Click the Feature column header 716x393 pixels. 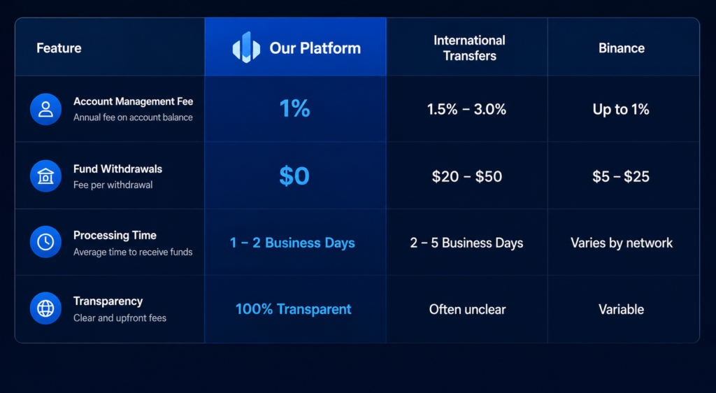click(59, 48)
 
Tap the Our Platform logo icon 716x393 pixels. click(246, 47)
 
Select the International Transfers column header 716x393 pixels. click(469, 48)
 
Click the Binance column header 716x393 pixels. click(622, 48)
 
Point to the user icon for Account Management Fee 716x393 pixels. click(45, 109)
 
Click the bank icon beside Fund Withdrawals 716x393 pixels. click(45, 176)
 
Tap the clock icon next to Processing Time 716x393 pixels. click(45, 242)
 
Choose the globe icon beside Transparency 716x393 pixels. click(45, 308)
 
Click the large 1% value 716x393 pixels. click(294, 109)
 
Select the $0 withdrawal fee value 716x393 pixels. click(294, 176)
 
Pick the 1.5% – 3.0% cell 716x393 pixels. click(466, 110)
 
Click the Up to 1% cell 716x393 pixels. click(621, 110)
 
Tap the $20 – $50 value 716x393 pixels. click(467, 177)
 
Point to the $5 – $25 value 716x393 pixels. click(621, 177)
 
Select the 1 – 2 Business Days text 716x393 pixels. click(292, 243)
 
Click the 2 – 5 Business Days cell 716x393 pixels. click(466, 243)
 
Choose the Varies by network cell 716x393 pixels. click(622, 243)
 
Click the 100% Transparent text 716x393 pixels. click(293, 309)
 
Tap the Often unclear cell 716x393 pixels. click(467, 310)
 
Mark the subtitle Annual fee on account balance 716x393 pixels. click(133, 117)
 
